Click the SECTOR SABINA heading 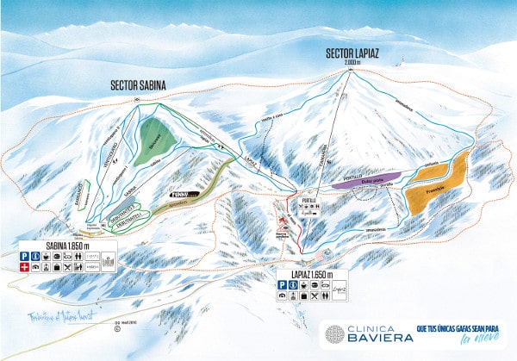point(138,85)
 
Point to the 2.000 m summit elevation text point(350,63)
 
